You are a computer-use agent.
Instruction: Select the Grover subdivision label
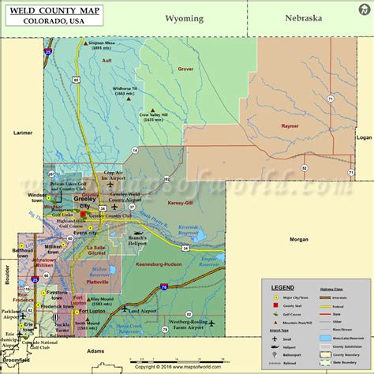point(185,69)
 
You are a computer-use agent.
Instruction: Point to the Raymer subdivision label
point(293,125)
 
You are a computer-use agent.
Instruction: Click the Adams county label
point(96,350)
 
